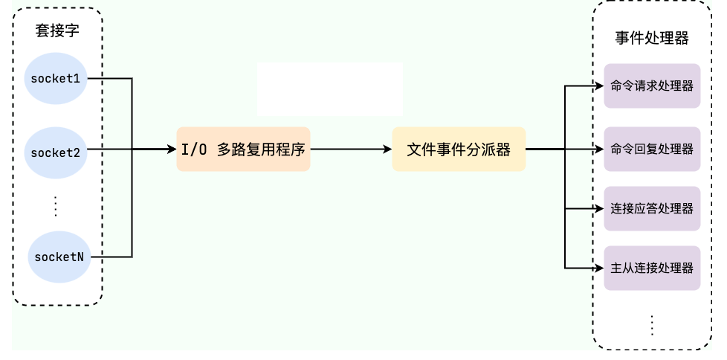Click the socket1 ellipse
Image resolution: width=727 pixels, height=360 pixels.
(56, 78)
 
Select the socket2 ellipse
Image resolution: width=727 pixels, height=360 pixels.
(56, 152)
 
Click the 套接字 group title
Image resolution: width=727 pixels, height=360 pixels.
(57, 31)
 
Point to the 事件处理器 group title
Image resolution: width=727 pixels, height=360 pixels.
(652, 39)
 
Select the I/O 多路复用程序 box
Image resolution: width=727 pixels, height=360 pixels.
(243, 150)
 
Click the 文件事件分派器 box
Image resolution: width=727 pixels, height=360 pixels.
(459, 150)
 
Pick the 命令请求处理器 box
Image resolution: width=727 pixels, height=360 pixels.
(652, 86)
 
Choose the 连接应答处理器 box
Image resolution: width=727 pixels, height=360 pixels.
(652, 208)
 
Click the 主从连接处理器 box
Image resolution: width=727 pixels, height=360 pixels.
(652, 268)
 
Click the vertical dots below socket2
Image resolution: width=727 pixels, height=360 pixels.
(56, 205)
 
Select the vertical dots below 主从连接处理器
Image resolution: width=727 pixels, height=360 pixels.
(652, 325)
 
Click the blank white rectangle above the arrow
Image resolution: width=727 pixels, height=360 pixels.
(330, 89)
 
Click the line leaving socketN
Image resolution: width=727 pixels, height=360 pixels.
(115, 257)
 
